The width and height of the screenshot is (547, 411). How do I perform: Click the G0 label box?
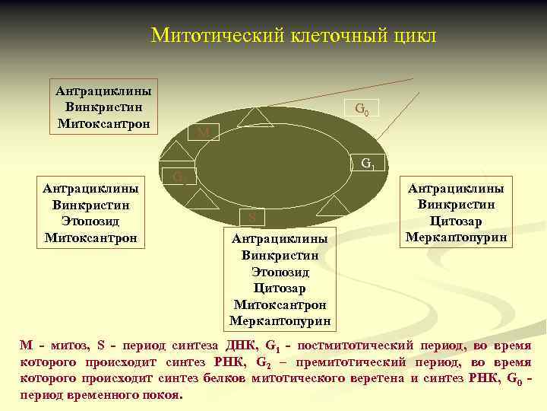pos(362,110)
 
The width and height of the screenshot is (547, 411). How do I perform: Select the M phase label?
pos(203,133)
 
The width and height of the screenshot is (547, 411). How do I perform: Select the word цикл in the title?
pos(412,36)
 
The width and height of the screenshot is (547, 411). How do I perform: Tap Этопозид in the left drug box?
pos(90,221)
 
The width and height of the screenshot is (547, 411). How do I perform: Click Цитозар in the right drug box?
pos(457,221)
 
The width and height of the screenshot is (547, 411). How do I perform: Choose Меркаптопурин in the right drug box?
pos(457,237)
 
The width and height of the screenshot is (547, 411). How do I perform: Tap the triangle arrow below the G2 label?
pos(201,199)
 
